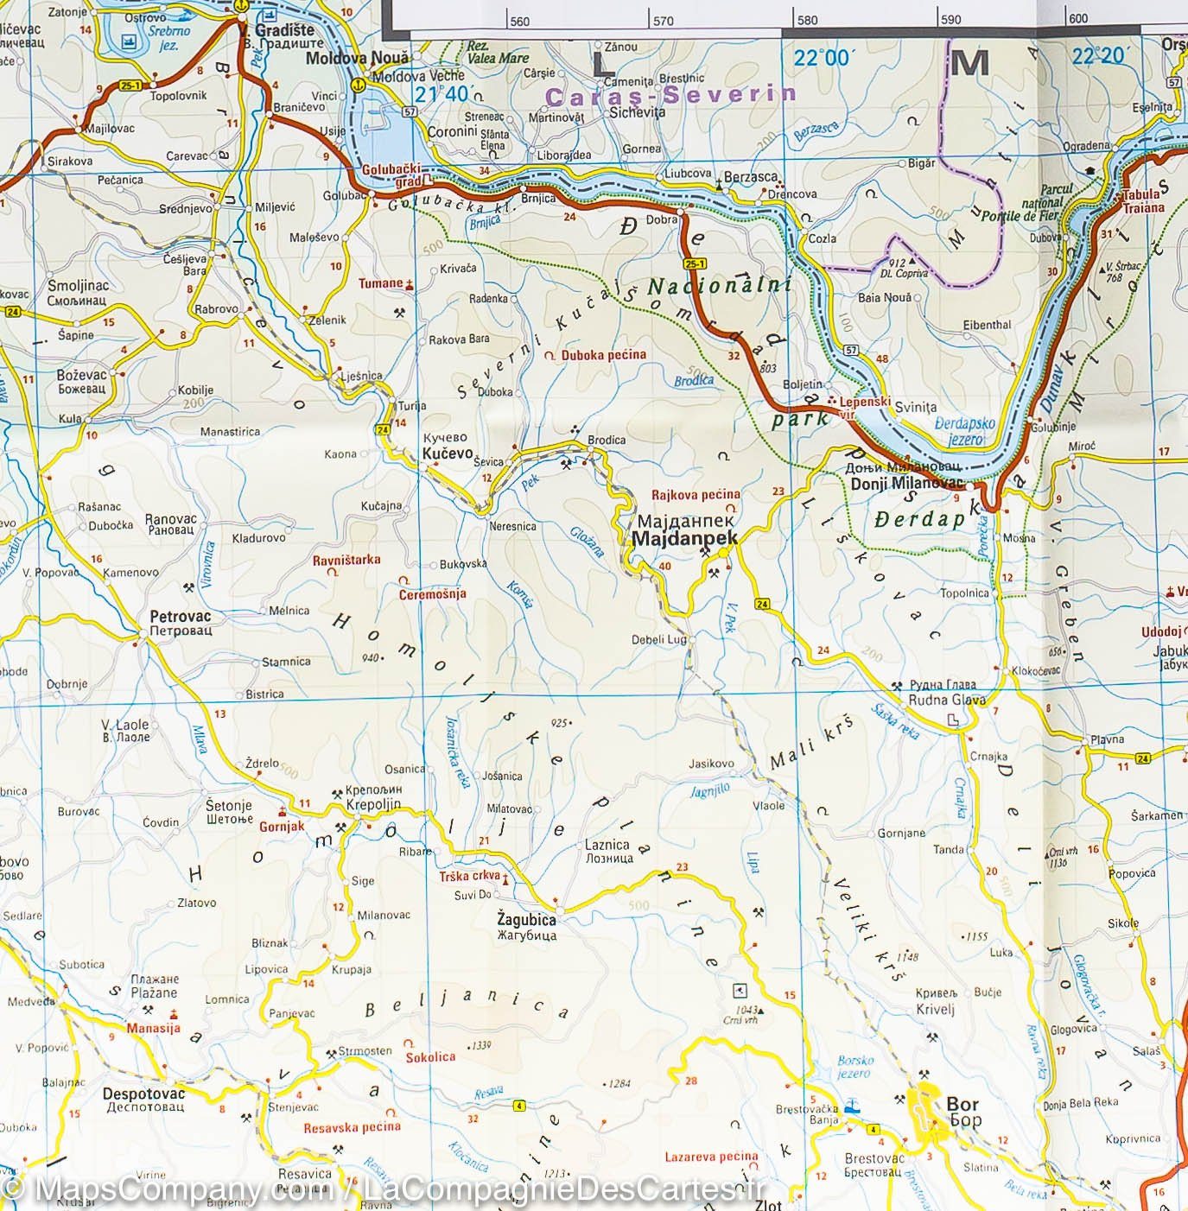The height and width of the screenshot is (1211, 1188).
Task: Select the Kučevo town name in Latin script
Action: click(x=448, y=453)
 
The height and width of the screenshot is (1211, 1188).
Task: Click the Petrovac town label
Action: click(x=180, y=617)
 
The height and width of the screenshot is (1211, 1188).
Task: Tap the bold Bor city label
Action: click(x=962, y=1104)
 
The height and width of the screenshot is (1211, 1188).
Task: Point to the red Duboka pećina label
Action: click(x=603, y=354)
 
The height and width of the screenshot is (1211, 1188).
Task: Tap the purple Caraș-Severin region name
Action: click(x=670, y=95)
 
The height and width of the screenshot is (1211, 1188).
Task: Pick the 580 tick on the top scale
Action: click(x=806, y=21)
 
